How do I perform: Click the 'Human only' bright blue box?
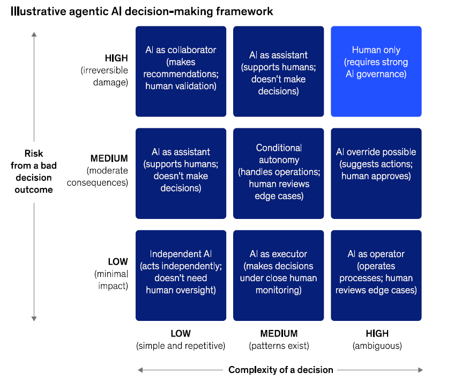(376, 71)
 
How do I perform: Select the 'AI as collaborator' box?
(181, 71)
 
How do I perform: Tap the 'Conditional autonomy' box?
(279, 173)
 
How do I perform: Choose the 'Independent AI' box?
(181, 275)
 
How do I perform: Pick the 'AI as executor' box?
(279, 275)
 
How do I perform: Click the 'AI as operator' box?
(376, 275)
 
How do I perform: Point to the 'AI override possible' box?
(376, 173)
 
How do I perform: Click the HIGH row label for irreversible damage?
(116, 58)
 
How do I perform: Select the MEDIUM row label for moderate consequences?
(109, 158)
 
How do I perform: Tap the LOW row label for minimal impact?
(118, 262)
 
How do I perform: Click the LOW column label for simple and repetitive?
(181, 333)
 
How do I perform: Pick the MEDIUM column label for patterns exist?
(279, 333)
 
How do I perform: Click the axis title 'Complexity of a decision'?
(281, 370)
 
